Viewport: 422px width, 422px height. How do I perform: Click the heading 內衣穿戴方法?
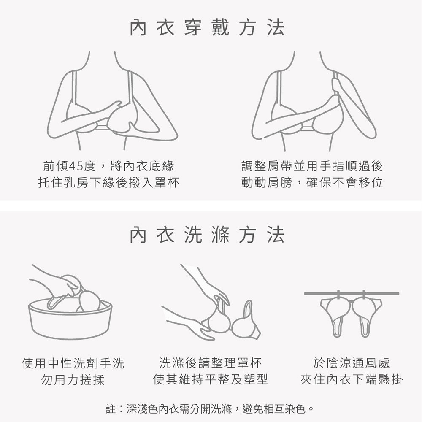click(207, 28)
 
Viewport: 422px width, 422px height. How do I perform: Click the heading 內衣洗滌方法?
click(207, 235)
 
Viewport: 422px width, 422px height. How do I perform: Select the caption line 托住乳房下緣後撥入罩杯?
click(109, 182)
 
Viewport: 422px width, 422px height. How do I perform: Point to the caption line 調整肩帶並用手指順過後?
click(312, 166)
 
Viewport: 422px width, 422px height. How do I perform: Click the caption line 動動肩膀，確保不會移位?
click(312, 182)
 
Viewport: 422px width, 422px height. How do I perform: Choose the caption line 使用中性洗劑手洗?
click(73, 363)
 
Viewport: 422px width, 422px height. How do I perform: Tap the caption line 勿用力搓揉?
click(73, 379)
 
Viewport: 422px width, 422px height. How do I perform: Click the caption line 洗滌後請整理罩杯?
click(210, 363)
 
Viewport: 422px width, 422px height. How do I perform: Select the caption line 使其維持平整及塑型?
click(210, 379)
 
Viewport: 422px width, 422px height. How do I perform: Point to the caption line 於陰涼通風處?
click(351, 363)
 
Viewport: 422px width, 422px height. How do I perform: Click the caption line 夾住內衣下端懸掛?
click(351, 379)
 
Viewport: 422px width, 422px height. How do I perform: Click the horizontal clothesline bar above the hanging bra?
click(352, 293)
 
